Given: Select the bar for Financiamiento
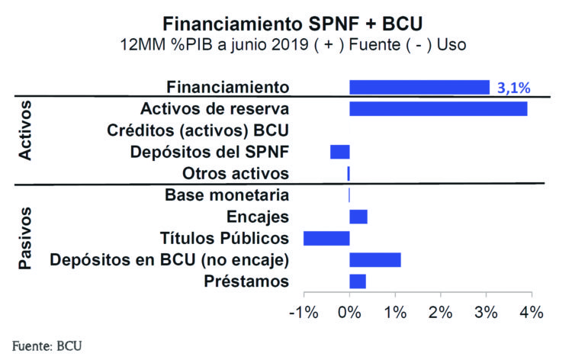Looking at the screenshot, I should (x=419, y=87).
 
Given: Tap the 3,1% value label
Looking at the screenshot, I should (x=513, y=88).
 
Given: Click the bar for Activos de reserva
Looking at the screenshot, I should (x=438, y=108).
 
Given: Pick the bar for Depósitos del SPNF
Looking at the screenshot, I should (x=339, y=151).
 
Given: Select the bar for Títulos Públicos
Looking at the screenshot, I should (x=326, y=238).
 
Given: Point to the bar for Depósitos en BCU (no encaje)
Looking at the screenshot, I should (x=374, y=260).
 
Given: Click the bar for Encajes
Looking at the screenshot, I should (x=358, y=217).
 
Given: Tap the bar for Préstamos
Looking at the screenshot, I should (x=358, y=281).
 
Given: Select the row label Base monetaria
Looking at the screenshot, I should (x=227, y=195).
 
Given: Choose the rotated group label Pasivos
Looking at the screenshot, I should (x=25, y=238).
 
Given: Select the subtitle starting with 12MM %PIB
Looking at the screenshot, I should (x=293, y=43).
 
